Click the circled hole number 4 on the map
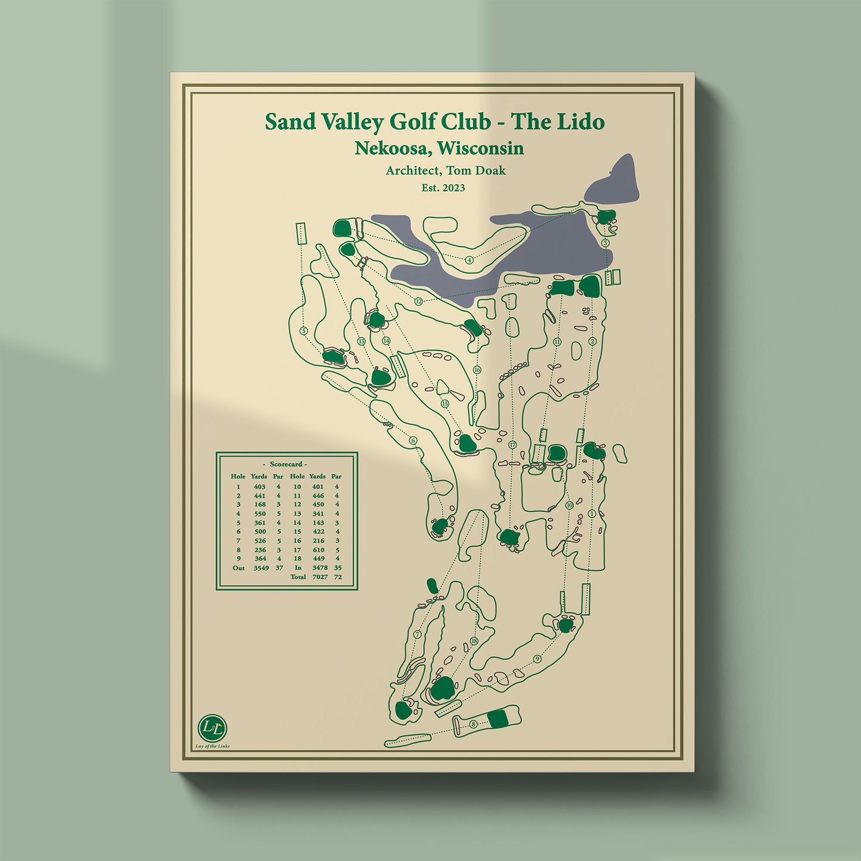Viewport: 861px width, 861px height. (470, 260)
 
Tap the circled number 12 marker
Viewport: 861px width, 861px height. (418, 301)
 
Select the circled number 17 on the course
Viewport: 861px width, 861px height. (512, 445)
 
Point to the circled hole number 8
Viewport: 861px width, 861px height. (473, 724)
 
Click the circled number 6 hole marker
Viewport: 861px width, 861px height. (412, 441)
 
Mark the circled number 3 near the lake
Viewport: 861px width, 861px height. (605, 243)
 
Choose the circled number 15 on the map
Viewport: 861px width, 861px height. (445, 403)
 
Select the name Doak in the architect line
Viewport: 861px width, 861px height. (490, 170)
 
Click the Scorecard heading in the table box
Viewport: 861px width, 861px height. (287, 464)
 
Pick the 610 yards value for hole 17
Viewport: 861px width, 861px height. (318, 550)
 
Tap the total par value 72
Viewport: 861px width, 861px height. (338, 577)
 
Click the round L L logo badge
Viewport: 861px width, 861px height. (212, 728)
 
